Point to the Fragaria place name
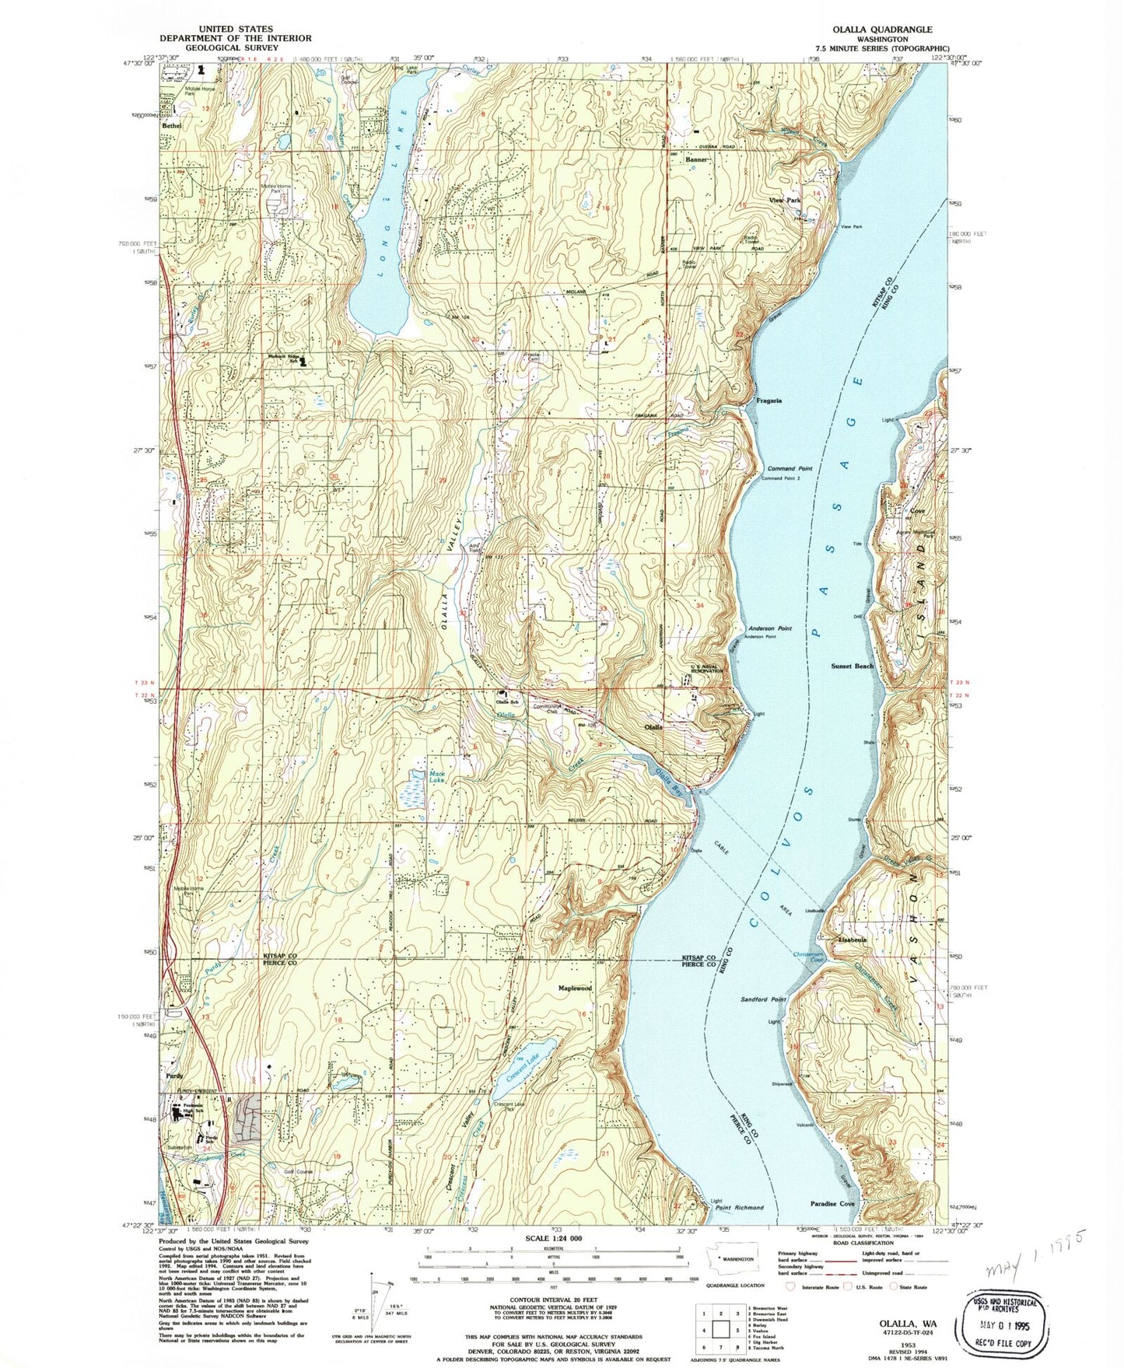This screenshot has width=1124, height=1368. click(769, 401)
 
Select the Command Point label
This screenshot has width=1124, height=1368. click(790, 469)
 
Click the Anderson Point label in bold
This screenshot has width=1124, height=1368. click(770, 628)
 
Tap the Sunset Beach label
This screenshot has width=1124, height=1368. click(852, 667)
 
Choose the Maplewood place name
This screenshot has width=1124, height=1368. click(575, 988)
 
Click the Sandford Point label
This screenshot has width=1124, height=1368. click(763, 999)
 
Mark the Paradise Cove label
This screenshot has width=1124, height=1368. click(832, 1204)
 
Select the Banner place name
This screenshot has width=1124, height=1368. click(696, 159)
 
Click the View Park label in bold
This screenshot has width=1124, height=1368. click(784, 201)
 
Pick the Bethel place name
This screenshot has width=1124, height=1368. click(172, 125)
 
